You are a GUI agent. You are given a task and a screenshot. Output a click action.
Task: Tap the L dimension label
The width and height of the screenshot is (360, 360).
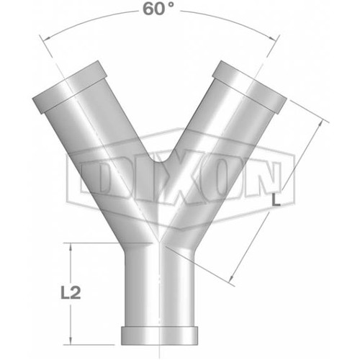click(276, 202)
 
